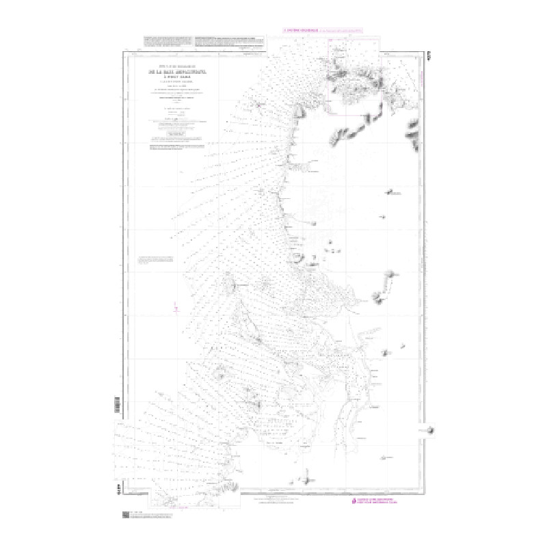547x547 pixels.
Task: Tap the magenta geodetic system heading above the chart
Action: click(x=299, y=30)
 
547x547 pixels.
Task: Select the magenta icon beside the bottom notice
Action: click(x=352, y=504)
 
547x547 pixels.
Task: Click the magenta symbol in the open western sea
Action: click(x=175, y=311)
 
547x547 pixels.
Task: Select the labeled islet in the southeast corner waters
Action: click(x=390, y=456)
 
